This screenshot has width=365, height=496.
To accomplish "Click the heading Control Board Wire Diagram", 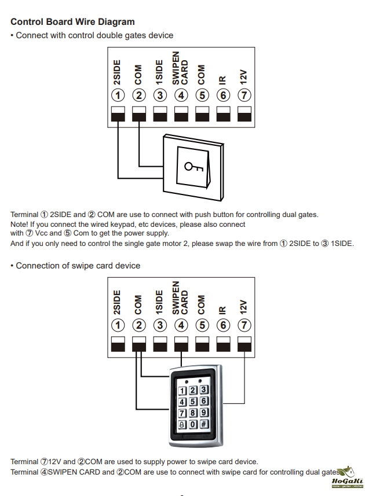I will [x=72, y=22].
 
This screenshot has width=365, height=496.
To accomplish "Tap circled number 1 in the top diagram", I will [x=118, y=95].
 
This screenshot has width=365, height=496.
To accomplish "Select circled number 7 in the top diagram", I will [x=244, y=95].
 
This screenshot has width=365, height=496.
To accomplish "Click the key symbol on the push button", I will [x=194, y=167].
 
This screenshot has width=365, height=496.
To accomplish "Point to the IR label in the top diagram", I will [x=222, y=80].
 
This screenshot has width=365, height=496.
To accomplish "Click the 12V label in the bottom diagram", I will [x=244, y=306].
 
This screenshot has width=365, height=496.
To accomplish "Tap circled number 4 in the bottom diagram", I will [x=181, y=325].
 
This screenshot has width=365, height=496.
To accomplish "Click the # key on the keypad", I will [x=204, y=424].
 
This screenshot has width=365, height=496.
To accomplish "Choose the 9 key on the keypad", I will [x=204, y=413].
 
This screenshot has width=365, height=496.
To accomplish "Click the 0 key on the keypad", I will [x=194, y=424].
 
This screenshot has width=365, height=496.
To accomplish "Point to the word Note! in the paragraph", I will [x=21, y=224].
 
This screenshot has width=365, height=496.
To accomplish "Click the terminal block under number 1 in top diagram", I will [x=118, y=113].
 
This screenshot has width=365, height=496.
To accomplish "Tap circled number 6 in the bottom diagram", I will [x=223, y=325].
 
